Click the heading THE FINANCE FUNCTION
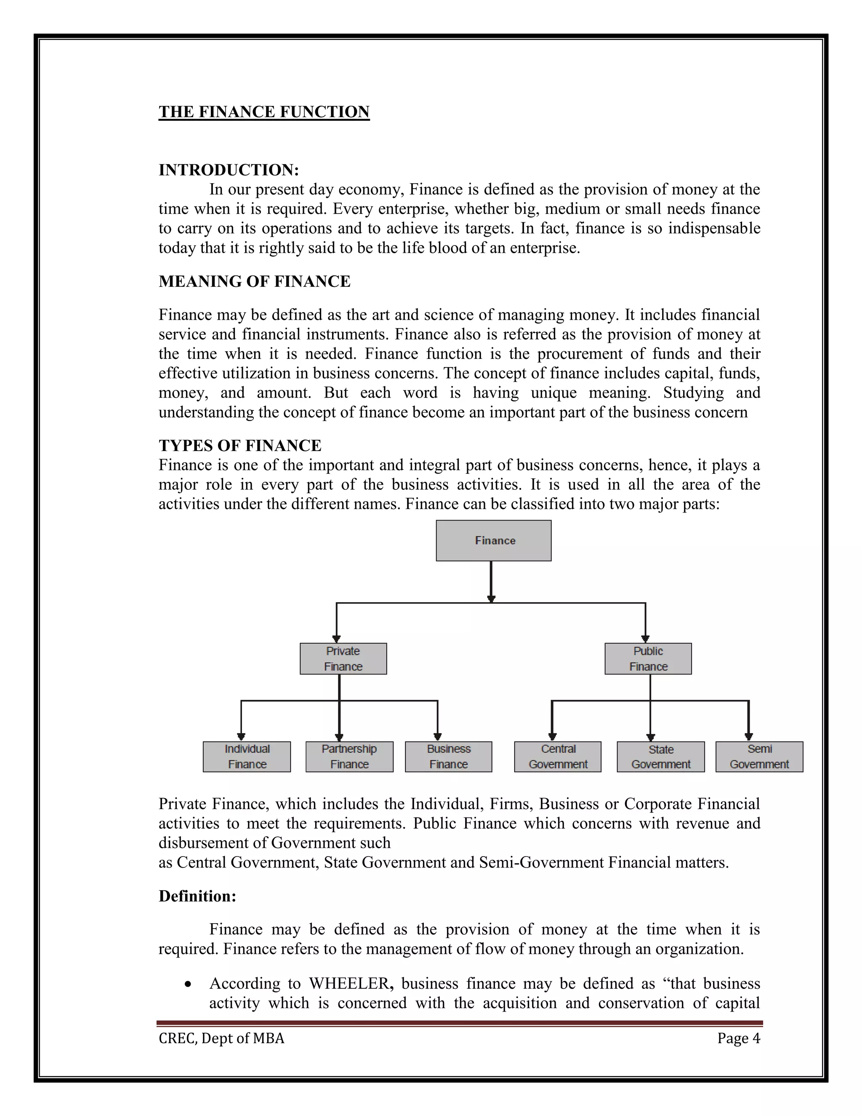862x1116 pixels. pos(263,112)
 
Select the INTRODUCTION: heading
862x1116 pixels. pos(228,170)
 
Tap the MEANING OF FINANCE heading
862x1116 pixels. pos(254,281)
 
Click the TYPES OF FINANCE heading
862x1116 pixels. pos(240,445)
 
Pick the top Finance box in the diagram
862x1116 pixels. pos(493,541)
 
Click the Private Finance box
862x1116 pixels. pos(343,659)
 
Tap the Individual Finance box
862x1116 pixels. pos(247,756)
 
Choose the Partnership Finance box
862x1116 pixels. pos(349,756)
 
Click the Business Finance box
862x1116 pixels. pos(448,756)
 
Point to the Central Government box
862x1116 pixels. pos(558,756)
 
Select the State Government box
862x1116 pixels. pos(660,756)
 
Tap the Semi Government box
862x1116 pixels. pos(759,756)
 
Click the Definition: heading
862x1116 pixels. pos(197,896)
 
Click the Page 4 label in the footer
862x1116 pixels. pos(738,1038)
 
